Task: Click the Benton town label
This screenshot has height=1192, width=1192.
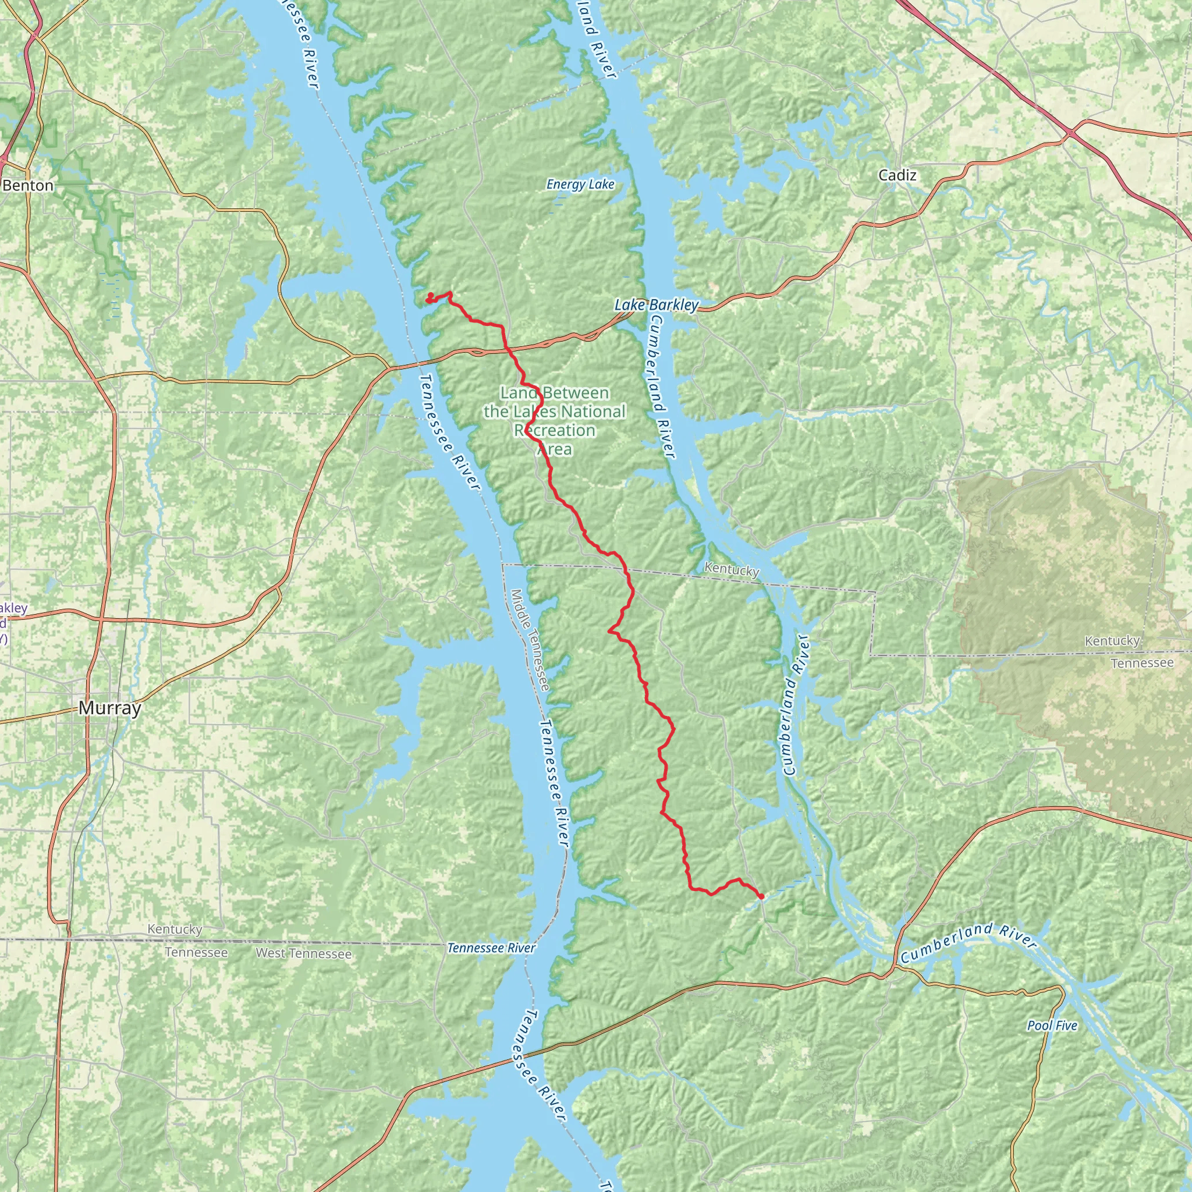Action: (x=28, y=186)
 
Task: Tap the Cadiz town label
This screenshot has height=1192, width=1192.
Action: (x=897, y=175)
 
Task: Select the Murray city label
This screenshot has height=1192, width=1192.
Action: (x=110, y=708)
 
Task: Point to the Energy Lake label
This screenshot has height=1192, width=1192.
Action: (x=580, y=185)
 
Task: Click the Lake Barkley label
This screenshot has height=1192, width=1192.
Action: (x=657, y=305)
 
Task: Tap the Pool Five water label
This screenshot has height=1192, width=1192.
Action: (x=1052, y=1026)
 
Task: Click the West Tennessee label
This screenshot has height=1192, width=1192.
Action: (x=304, y=953)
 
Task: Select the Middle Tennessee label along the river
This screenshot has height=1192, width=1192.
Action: (x=530, y=640)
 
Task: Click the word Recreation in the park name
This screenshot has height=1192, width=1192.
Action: (x=555, y=430)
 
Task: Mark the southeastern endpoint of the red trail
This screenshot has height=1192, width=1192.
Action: (x=761, y=896)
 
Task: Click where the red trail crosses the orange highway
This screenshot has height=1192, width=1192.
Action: (x=508, y=350)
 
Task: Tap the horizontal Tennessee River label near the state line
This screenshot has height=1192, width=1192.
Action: (x=491, y=947)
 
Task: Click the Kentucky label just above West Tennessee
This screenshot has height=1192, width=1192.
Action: (x=175, y=929)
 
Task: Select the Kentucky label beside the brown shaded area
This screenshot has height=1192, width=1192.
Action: (x=1112, y=641)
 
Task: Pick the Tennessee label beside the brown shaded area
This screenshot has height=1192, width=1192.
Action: (x=1141, y=662)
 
